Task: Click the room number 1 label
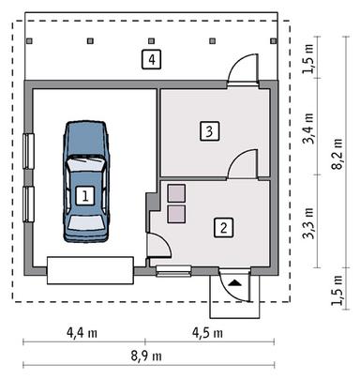(85, 195)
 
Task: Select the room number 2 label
(222, 226)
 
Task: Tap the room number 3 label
(210, 130)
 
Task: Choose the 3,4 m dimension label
(310, 127)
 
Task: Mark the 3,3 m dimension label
(310, 228)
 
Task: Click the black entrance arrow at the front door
(233, 280)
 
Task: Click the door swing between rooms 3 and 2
(242, 164)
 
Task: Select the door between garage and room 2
(157, 246)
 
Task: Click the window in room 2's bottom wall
(174, 272)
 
